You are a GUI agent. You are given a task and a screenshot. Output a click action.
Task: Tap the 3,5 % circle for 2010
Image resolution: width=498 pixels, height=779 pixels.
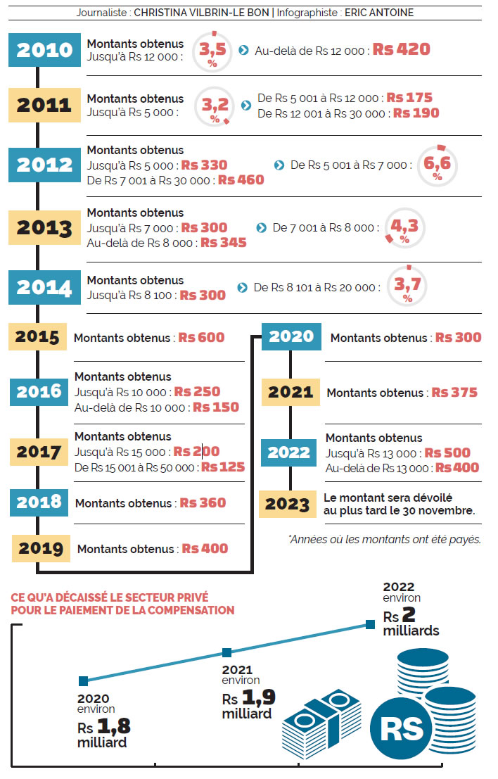coord(212,50)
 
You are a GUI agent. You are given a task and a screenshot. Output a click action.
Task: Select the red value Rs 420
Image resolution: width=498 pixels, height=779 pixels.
coord(401,50)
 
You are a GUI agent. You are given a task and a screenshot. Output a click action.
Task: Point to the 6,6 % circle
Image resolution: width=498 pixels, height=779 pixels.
coord(438,165)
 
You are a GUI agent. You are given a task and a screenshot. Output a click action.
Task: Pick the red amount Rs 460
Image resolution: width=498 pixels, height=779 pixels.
coord(241,180)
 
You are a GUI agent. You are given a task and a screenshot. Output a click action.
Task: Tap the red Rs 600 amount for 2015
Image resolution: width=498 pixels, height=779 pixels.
coord(201,338)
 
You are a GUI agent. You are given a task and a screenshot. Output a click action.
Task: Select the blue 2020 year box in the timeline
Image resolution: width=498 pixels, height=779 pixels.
coord(291,336)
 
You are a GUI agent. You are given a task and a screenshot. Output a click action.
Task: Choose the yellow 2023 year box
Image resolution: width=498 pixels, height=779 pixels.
coord(288,504)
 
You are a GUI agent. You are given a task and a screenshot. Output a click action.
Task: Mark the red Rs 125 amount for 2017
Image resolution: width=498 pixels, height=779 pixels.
coord(223,467)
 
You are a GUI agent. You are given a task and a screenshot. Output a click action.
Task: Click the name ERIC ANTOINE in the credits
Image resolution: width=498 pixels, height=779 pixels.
coord(379,13)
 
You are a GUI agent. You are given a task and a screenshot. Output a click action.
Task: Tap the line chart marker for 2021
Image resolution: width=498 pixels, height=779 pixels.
coord(226,653)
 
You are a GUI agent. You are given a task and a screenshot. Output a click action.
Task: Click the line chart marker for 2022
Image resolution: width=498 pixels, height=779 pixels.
coord(370,623)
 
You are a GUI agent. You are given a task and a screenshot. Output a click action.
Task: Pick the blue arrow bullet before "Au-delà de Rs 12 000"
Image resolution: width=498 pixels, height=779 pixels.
coord(243,51)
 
